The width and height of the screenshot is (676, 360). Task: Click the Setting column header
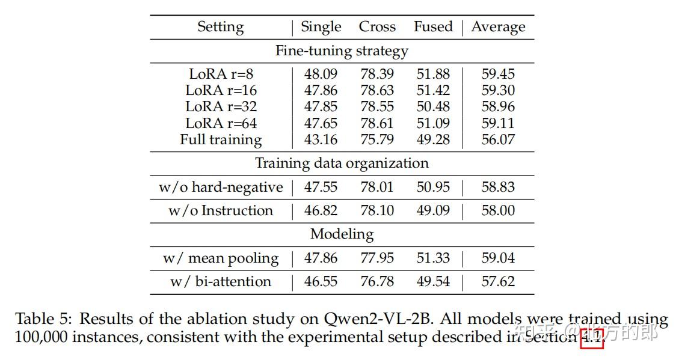coord(220,27)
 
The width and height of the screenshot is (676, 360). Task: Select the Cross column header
coord(377,27)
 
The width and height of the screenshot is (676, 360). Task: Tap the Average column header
coord(498,27)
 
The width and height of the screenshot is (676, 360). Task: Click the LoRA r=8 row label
coord(221,74)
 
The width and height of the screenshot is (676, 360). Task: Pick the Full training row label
coord(221,139)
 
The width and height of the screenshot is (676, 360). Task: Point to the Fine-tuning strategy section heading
coord(342,51)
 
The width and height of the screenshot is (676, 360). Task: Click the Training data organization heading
coord(342,163)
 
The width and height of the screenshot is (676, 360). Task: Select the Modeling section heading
coord(342,234)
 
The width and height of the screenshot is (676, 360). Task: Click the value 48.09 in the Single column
coord(321,74)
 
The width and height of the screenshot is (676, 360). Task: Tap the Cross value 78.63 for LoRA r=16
coord(377,90)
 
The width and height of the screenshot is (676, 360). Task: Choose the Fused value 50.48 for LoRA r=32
coord(433,106)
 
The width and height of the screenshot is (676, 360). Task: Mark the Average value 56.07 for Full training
coord(498,139)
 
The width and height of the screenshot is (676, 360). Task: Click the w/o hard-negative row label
coord(221,187)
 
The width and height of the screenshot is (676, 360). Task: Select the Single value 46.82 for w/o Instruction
coord(321,210)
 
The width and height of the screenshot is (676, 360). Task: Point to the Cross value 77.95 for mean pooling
coord(377,258)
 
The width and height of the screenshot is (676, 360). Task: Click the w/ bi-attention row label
coord(221,281)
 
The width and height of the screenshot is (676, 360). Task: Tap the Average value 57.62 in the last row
coord(498,281)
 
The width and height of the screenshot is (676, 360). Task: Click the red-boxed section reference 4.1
coord(591,338)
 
